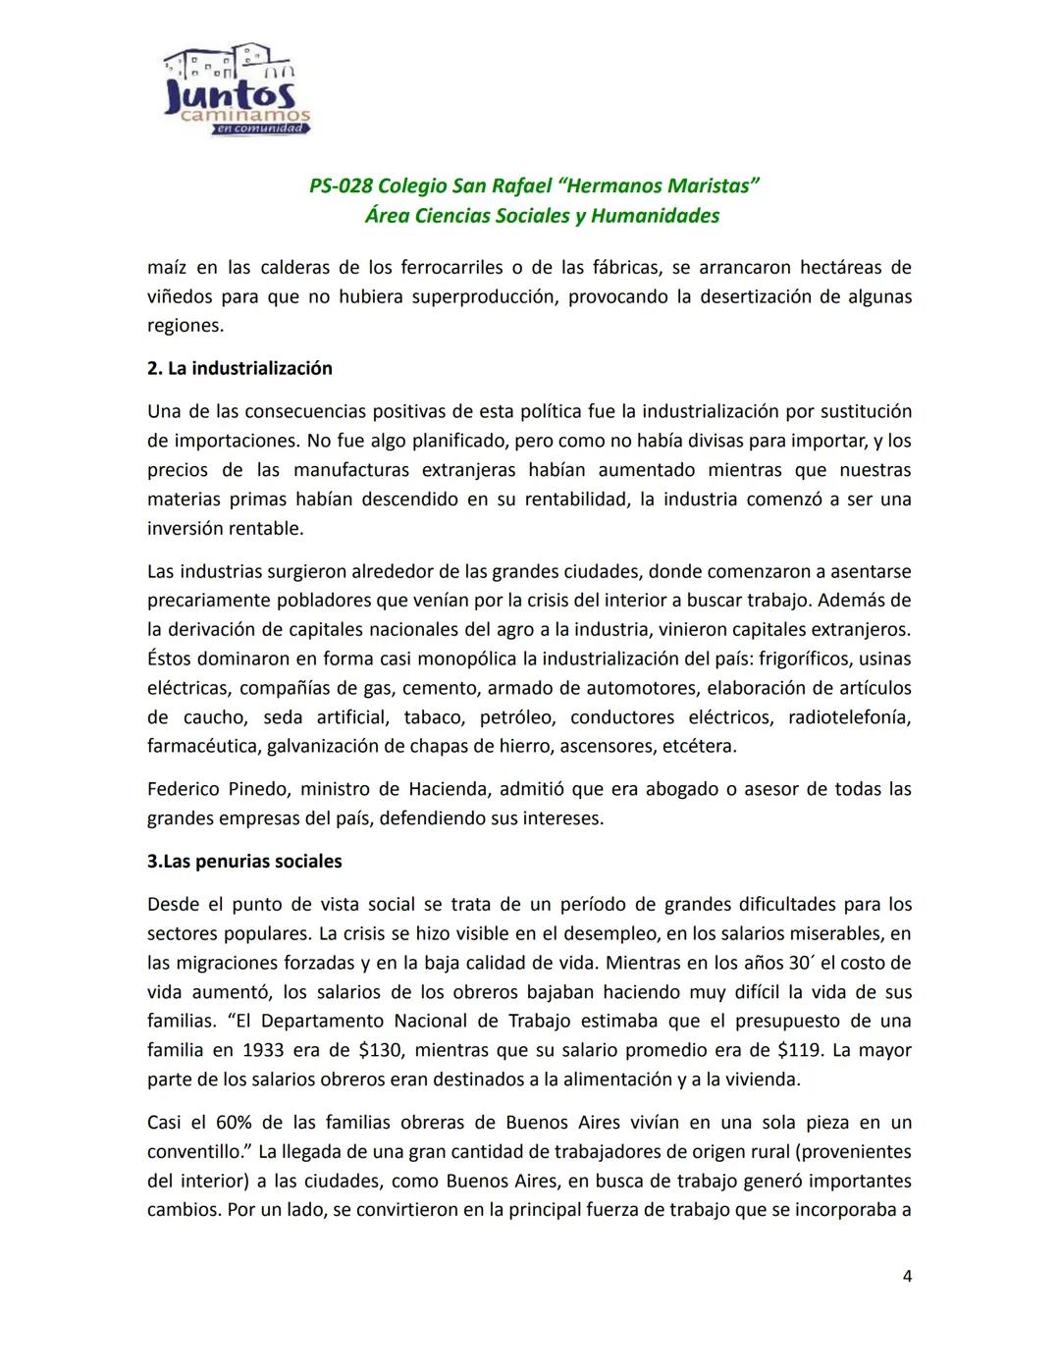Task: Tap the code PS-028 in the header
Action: [x=340, y=186]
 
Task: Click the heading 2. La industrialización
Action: [x=239, y=369]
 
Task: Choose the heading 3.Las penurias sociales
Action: [x=244, y=862]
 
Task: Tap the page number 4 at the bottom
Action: [x=906, y=1276]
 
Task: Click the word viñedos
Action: [x=178, y=296]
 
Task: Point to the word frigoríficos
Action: [x=805, y=659]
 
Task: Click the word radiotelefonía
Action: [x=849, y=717]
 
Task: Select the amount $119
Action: [x=799, y=1051]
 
